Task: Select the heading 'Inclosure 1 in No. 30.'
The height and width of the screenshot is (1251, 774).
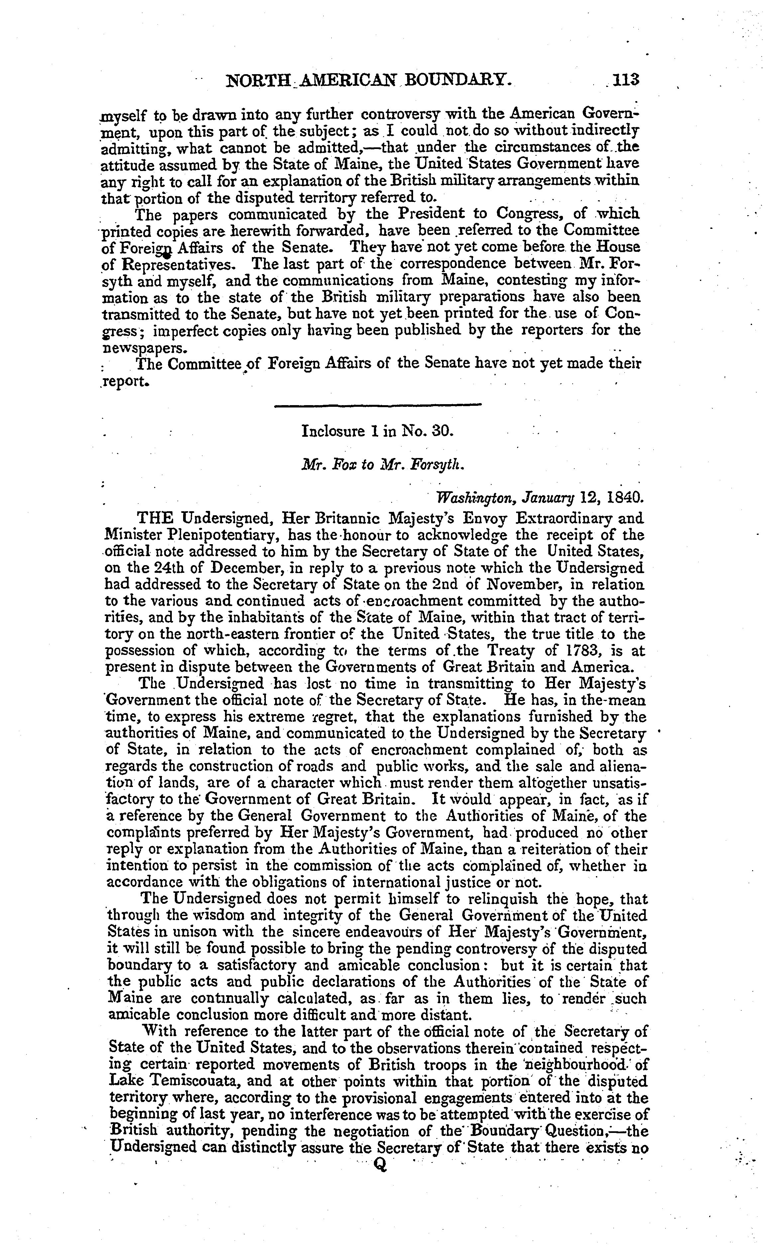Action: (x=378, y=431)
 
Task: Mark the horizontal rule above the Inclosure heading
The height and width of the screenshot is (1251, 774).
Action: (x=378, y=406)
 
